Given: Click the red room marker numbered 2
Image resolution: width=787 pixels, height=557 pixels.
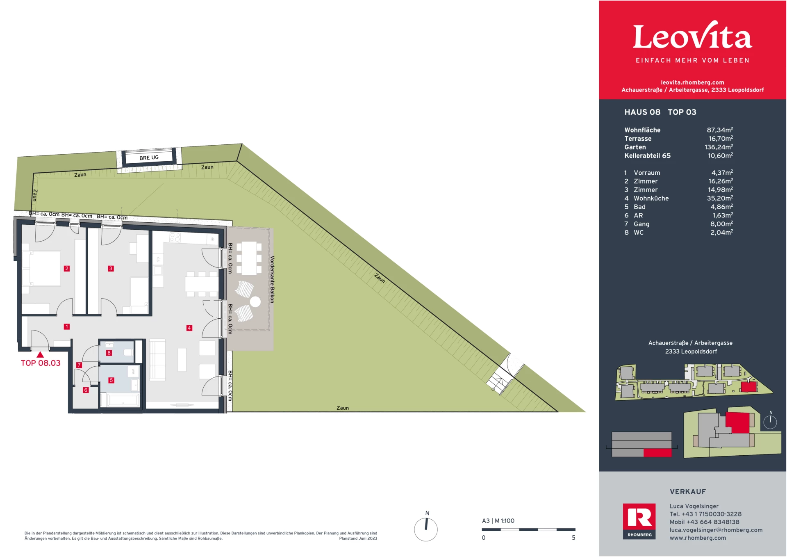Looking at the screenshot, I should (67, 269).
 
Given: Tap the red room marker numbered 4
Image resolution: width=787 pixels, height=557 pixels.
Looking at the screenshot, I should (189, 328).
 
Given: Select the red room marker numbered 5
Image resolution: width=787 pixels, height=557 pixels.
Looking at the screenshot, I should (111, 380).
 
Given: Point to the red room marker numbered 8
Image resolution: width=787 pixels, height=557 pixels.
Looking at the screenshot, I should (109, 353).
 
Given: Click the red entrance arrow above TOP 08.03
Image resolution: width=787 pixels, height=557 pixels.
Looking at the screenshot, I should (40, 355).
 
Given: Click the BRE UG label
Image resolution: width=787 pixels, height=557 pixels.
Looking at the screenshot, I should (149, 158).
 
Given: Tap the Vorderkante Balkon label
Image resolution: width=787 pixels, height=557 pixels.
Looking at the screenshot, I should (272, 279).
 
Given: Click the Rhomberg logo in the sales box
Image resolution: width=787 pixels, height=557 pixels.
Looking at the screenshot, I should (639, 521).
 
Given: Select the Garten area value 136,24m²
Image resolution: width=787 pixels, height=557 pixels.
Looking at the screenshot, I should (719, 147).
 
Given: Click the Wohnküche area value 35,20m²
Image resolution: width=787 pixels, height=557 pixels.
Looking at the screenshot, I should (720, 198).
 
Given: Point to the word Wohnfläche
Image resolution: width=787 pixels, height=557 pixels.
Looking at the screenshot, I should (642, 130).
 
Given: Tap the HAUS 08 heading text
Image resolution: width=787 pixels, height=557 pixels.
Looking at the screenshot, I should (642, 112).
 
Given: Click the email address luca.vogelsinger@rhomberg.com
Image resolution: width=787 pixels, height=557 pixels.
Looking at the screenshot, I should (716, 530).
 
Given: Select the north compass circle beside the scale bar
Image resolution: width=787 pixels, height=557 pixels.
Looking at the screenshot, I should (426, 529).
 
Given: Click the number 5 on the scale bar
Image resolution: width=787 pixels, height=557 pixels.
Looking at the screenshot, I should (573, 538).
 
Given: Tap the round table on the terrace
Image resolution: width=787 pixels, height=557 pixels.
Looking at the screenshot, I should (255, 302).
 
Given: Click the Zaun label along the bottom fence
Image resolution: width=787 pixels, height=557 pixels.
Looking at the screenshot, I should (343, 408).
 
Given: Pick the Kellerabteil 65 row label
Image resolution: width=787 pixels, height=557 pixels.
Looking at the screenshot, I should (647, 155).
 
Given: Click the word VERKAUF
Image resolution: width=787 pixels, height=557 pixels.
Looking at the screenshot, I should (688, 491).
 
